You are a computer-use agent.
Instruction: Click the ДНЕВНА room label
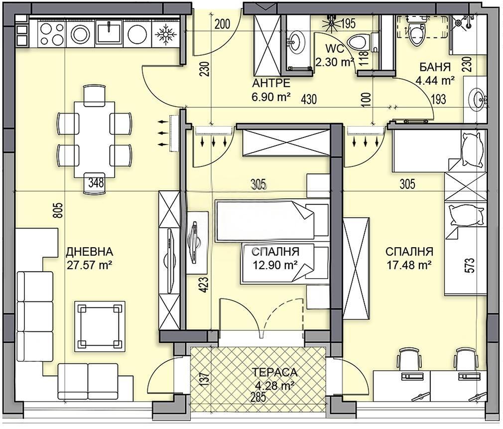pyautogui.click(x=90, y=252)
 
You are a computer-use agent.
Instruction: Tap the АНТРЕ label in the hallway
pyautogui.click(x=271, y=83)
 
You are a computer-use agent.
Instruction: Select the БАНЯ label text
pyautogui.click(x=435, y=67)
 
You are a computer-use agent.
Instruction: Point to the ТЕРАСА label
pyautogui.click(x=274, y=372)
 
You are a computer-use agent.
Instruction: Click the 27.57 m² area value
pyautogui.click(x=90, y=266)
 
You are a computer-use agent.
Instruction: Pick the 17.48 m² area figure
pyautogui.click(x=409, y=266)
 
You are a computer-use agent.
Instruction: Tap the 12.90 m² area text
pyautogui.click(x=275, y=266)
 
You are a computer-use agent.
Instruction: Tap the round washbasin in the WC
pyautogui.click(x=296, y=40)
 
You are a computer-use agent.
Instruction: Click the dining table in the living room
pyautogui.click(x=95, y=139)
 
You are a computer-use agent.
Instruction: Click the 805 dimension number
pyautogui.click(x=58, y=211)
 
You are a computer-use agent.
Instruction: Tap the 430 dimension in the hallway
pyautogui.click(x=309, y=99)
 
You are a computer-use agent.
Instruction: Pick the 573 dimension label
pyautogui.click(x=469, y=266)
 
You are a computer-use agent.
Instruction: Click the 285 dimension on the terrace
pyautogui.click(x=258, y=397)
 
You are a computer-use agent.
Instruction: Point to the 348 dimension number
pyautogui.click(x=96, y=182)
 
